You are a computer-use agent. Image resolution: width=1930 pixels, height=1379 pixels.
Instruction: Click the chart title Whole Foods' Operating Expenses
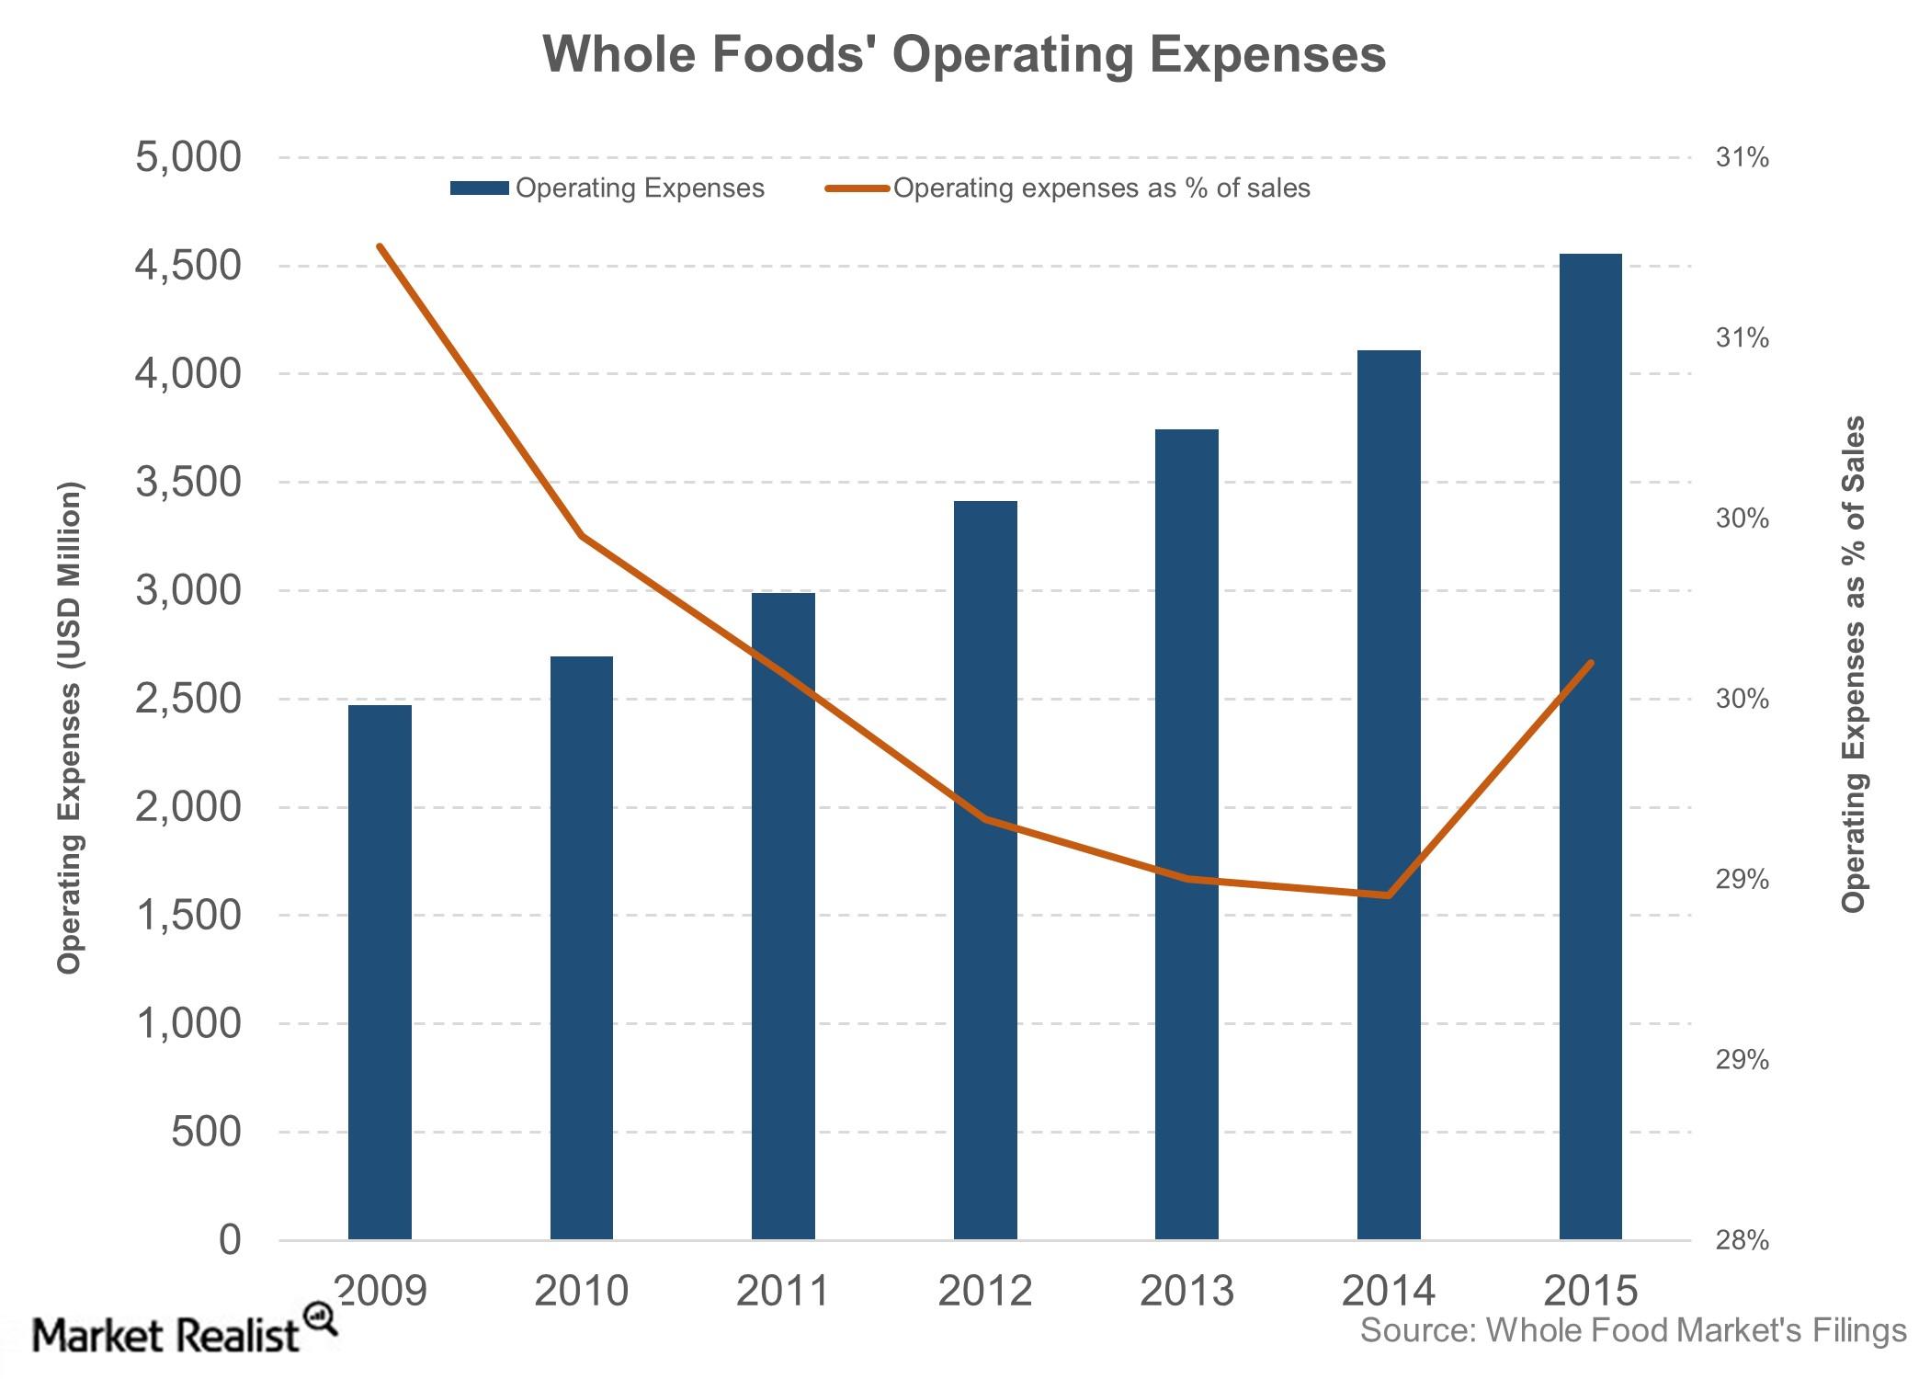(x=964, y=54)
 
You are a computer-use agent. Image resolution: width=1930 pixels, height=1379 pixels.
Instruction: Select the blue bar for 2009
(x=380, y=973)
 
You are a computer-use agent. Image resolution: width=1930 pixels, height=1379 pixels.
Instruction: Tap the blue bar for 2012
(x=985, y=871)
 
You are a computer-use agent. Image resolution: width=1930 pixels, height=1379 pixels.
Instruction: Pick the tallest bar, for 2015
(x=1591, y=746)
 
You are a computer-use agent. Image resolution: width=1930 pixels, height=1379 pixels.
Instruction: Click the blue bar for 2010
(x=582, y=948)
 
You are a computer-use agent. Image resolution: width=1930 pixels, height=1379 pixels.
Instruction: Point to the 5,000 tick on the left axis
(x=188, y=158)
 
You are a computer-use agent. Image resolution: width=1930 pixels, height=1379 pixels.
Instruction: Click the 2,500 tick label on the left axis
(x=188, y=700)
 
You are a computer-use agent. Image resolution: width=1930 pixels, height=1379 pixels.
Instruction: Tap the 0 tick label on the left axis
(x=231, y=1240)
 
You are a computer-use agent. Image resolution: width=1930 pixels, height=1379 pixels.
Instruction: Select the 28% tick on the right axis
(x=1742, y=1240)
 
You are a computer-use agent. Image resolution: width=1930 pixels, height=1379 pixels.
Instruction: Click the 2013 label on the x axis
(x=1186, y=1291)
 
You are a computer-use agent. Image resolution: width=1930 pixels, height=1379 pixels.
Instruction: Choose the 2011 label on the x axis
(x=783, y=1291)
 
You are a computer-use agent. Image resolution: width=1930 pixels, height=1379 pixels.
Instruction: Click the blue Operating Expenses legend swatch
(x=479, y=188)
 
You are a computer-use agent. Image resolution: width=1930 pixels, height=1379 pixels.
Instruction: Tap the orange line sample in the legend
(x=857, y=188)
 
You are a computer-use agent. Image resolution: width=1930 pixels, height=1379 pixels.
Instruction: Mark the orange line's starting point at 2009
(x=380, y=245)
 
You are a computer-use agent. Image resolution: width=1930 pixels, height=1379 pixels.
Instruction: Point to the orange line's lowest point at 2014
(x=1389, y=895)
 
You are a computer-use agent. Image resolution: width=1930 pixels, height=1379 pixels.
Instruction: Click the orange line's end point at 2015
(x=1591, y=663)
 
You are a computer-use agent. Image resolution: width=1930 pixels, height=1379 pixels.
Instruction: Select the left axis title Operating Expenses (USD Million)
(x=70, y=727)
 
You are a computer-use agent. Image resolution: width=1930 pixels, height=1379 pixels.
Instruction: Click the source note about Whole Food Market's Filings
(x=1633, y=1330)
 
